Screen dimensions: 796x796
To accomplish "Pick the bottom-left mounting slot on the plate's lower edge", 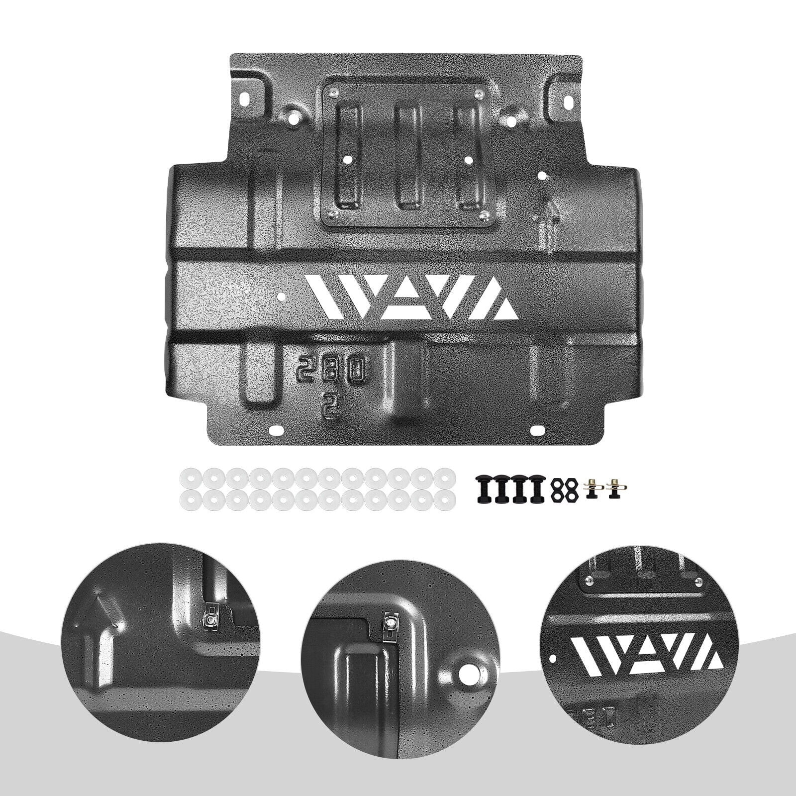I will (x=275, y=429).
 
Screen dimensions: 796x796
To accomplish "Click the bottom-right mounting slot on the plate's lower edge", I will (x=538, y=429).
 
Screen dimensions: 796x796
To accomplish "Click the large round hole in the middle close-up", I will (x=467, y=676).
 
